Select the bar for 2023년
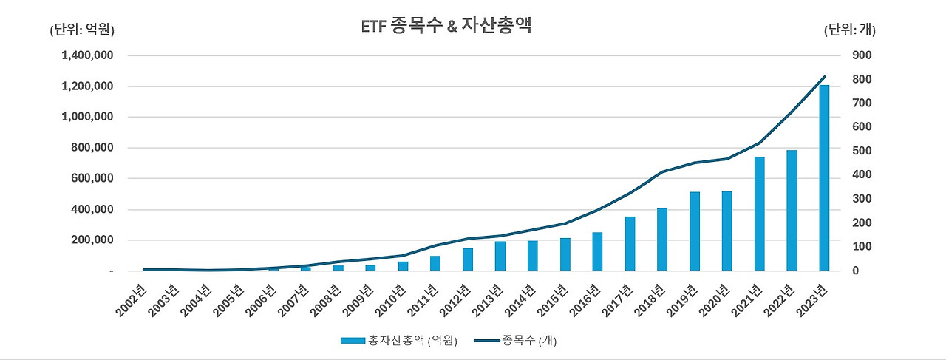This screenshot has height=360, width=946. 823,178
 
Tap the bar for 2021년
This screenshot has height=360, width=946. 759,214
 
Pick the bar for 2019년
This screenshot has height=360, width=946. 694,231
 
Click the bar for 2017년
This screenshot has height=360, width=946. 629,243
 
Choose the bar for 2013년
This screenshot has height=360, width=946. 500,256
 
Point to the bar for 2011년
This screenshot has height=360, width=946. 435,263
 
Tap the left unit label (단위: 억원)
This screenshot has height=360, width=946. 82,30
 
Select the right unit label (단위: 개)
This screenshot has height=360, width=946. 849,30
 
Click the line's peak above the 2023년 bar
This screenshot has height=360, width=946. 823,77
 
